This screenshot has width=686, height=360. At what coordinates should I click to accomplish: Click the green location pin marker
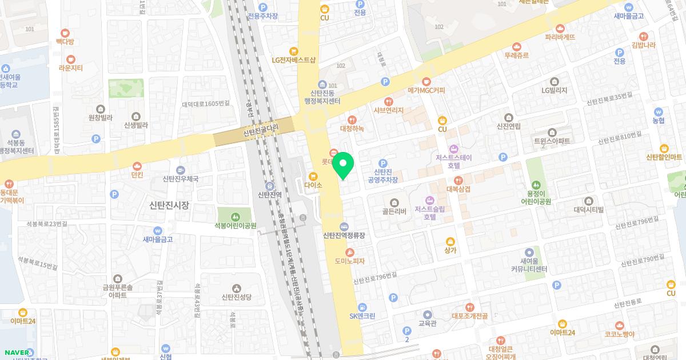(x=343, y=165)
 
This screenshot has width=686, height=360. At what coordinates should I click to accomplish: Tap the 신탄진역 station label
(x=270, y=195)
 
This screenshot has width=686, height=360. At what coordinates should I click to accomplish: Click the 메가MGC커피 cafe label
(x=426, y=90)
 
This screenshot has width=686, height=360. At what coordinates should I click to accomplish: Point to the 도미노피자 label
(x=350, y=261)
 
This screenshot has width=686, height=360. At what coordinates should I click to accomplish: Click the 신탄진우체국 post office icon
(x=181, y=170)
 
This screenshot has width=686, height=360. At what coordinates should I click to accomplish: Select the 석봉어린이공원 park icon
(x=236, y=217)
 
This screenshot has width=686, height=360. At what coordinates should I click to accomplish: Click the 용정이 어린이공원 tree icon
(x=536, y=185)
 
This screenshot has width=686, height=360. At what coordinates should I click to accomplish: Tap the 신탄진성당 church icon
(x=237, y=287)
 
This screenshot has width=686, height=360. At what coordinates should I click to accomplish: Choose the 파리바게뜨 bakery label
(x=560, y=37)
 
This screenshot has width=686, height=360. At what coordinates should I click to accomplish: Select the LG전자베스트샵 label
(x=293, y=60)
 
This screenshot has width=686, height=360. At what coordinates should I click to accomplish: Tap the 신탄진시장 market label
(x=169, y=205)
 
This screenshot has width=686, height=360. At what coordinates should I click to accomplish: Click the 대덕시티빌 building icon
(x=589, y=200)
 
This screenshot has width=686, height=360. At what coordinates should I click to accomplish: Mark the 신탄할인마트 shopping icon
(x=664, y=148)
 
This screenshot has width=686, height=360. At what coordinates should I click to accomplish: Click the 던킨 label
(x=137, y=175)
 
